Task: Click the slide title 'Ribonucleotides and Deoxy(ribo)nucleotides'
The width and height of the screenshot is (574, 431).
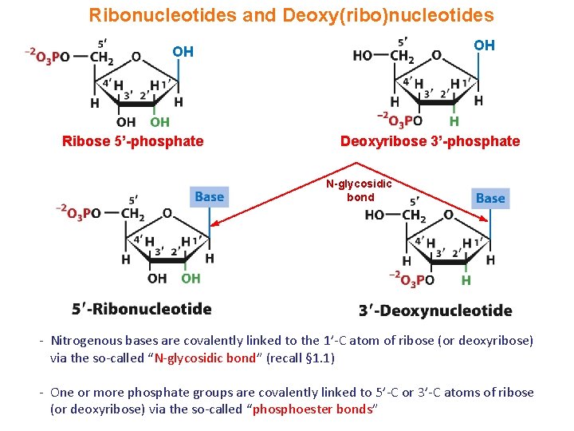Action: pyautogui.click(x=291, y=15)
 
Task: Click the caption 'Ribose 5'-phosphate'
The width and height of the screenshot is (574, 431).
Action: pyautogui.click(x=133, y=141)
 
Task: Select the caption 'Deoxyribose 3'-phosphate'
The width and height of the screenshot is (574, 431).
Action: pyautogui.click(x=430, y=141)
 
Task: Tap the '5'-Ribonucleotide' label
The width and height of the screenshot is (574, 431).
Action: pyautogui.click(x=141, y=309)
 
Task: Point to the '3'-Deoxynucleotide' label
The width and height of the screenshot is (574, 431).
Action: pyautogui.click(x=435, y=310)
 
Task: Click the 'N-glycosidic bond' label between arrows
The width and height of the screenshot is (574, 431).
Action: pyautogui.click(x=360, y=191)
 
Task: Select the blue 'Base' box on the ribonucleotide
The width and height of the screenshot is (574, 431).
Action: pyautogui.click(x=209, y=196)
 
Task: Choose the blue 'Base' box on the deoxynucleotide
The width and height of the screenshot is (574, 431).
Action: pyautogui.click(x=489, y=198)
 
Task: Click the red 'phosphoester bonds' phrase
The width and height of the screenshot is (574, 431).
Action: pyautogui.click(x=314, y=409)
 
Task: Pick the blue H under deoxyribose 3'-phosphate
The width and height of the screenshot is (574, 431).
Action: pyautogui.click(x=454, y=121)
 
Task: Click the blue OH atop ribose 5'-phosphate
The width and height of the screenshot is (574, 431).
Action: pyautogui.click(x=183, y=52)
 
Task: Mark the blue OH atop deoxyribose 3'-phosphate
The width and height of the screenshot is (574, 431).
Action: pyautogui.click(x=484, y=45)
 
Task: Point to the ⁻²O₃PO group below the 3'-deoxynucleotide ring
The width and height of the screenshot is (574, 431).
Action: pyautogui.click(x=411, y=279)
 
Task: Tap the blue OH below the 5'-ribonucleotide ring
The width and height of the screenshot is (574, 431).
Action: pyautogui.click(x=191, y=278)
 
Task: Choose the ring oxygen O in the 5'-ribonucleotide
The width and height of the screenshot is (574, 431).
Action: pyautogui.click(x=167, y=213)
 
